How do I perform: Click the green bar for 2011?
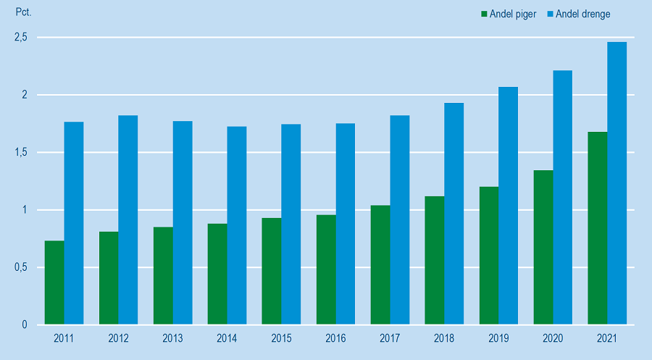[x=54, y=282]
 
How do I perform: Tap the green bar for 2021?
[x=598, y=228]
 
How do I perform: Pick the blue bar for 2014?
[x=237, y=225]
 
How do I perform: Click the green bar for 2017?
[x=380, y=265]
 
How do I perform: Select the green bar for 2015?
[x=272, y=271]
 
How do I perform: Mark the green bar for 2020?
[x=543, y=247]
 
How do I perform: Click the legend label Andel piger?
[x=514, y=14]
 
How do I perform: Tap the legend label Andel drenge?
[x=583, y=14]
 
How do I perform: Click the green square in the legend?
[x=483, y=14]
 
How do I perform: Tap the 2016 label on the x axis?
[x=335, y=339]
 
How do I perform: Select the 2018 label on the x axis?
[x=444, y=339]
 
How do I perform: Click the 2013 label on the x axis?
[x=172, y=339]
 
